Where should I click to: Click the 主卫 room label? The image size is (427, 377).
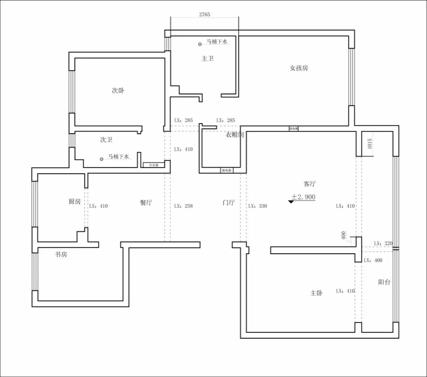click(208, 59)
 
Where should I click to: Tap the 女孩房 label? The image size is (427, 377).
click(299, 68)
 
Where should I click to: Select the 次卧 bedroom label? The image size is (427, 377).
click(118, 90)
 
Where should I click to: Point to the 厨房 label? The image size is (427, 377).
click(74, 202)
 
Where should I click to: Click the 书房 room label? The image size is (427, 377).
click(61, 254)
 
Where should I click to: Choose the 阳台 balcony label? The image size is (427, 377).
click(384, 282)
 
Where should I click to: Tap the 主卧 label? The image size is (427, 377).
click(316, 293)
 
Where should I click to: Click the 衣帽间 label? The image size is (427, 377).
click(235, 135)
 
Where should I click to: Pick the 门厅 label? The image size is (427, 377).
click(229, 203)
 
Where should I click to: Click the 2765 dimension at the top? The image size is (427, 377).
click(204, 14)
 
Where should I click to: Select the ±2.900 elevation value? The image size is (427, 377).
click(304, 196)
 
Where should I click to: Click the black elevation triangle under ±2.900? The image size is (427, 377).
click(291, 202)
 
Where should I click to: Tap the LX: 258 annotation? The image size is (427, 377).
click(183, 206)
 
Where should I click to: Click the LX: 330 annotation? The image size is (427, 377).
click(257, 206)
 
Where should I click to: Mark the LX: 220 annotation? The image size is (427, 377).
click(383, 243)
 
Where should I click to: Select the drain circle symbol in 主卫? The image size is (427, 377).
click(200, 44)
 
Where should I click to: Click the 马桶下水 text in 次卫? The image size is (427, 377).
click(119, 156)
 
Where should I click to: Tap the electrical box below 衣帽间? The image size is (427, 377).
click(227, 170)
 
